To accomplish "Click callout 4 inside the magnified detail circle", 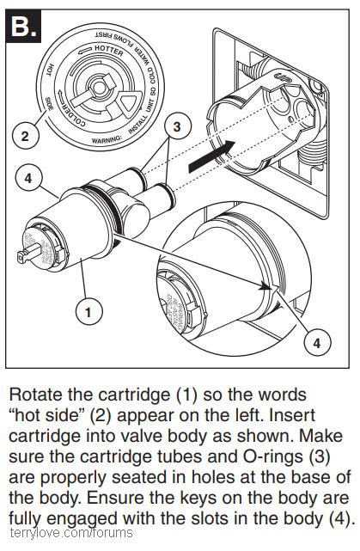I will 316,343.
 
